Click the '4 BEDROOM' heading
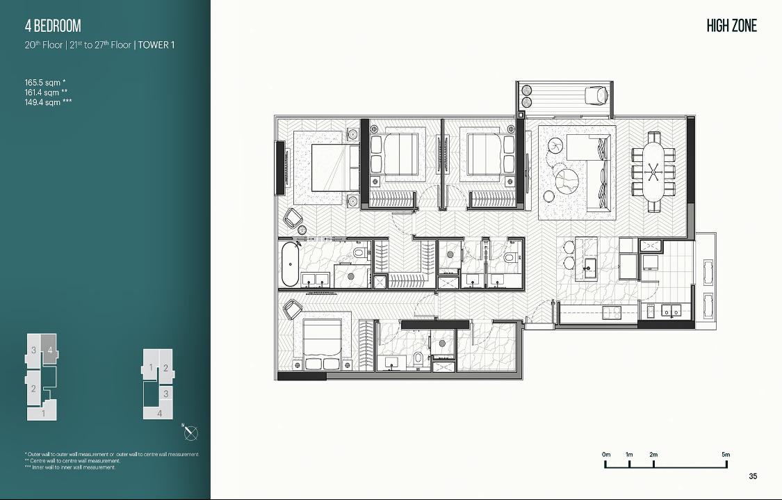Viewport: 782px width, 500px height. click(x=53, y=26)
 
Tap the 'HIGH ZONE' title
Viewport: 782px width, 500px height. click(x=732, y=26)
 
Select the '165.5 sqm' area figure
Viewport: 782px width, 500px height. click(x=43, y=83)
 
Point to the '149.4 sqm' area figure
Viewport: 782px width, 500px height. click(x=43, y=102)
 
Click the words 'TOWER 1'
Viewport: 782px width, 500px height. click(x=156, y=45)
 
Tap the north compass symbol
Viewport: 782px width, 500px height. click(x=190, y=433)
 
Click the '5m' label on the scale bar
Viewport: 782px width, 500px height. click(x=726, y=455)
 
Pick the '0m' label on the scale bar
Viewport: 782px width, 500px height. click(x=606, y=455)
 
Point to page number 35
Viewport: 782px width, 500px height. click(x=753, y=476)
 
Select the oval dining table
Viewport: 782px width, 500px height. click(x=653, y=172)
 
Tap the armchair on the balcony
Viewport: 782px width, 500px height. click(x=595, y=95)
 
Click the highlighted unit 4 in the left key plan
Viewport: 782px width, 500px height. click(x=49, y=350)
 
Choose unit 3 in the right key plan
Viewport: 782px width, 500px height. click(x=166, y=394)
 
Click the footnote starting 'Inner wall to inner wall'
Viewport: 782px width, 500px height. click(x=70, y=467)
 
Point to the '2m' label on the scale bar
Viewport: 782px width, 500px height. click(x=653, y=455)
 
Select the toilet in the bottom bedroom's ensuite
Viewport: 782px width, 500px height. click(x=418, y=357)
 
